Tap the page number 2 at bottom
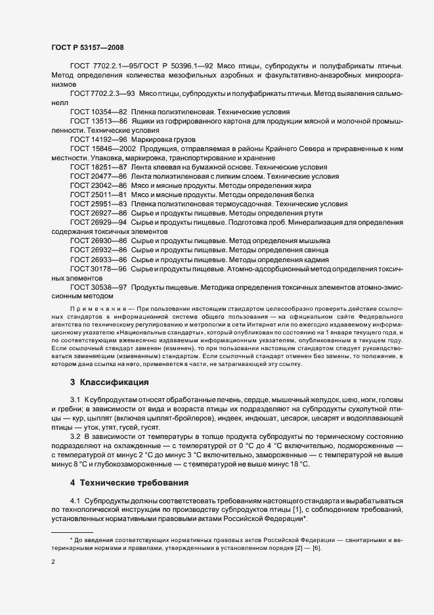pyautogui.click(x=53, y=562)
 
